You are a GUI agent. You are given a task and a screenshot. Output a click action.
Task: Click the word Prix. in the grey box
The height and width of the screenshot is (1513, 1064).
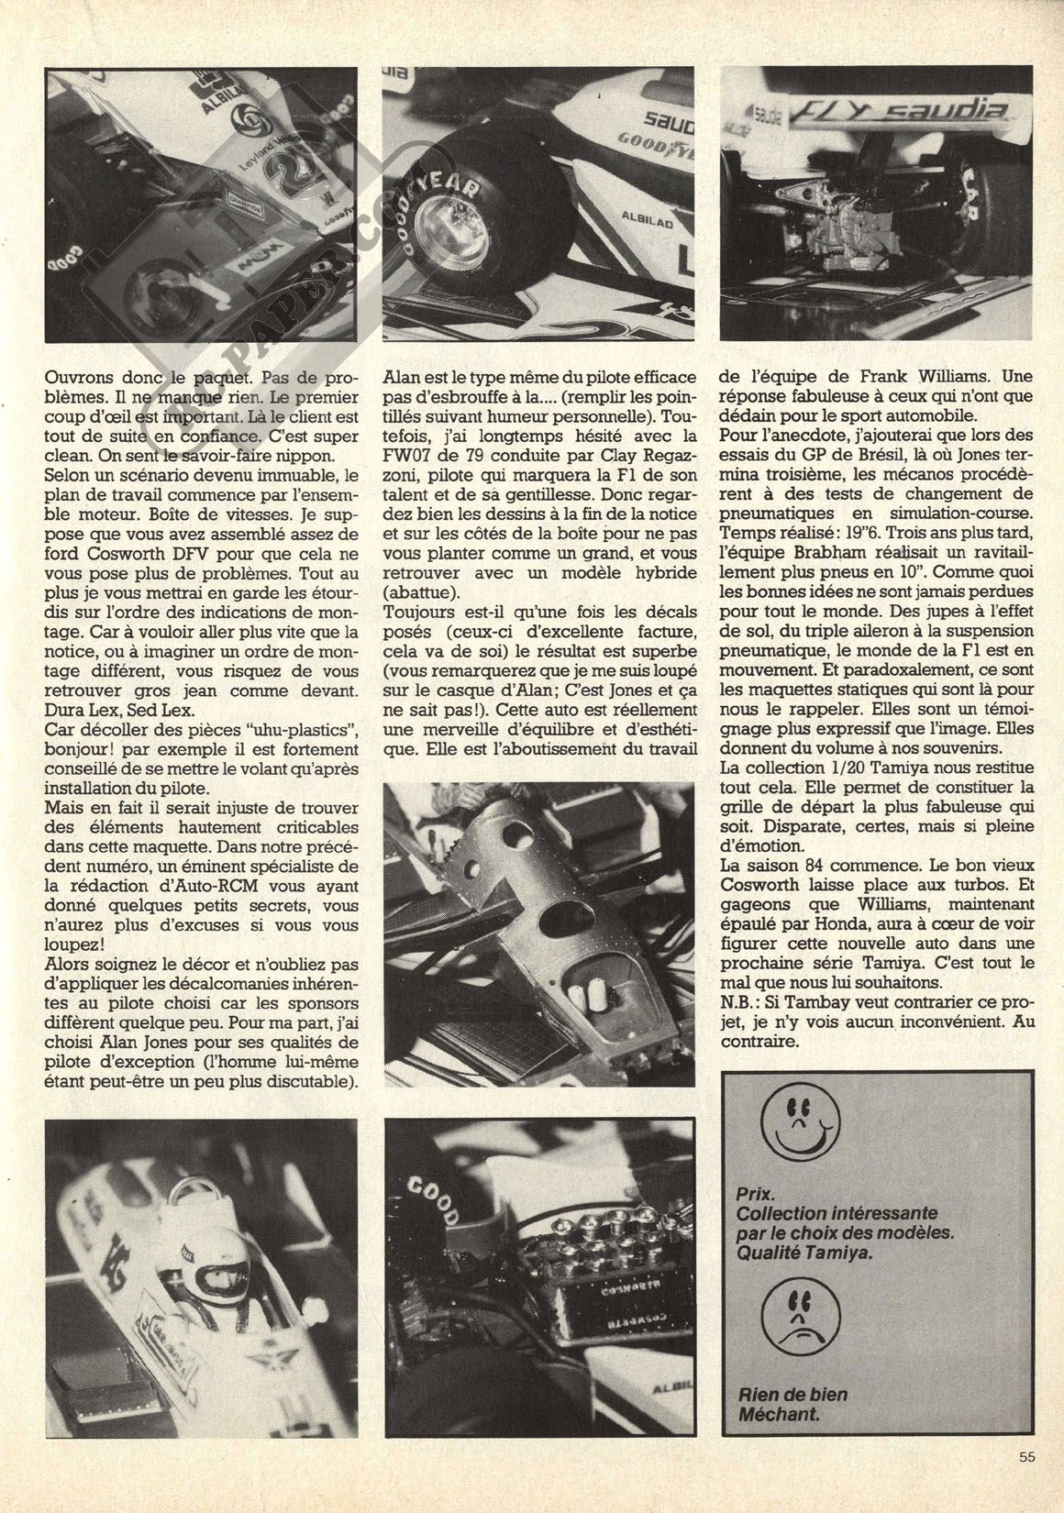pos(756,1195)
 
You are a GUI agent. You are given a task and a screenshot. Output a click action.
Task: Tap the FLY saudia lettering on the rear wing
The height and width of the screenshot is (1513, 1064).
pos(908,114)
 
